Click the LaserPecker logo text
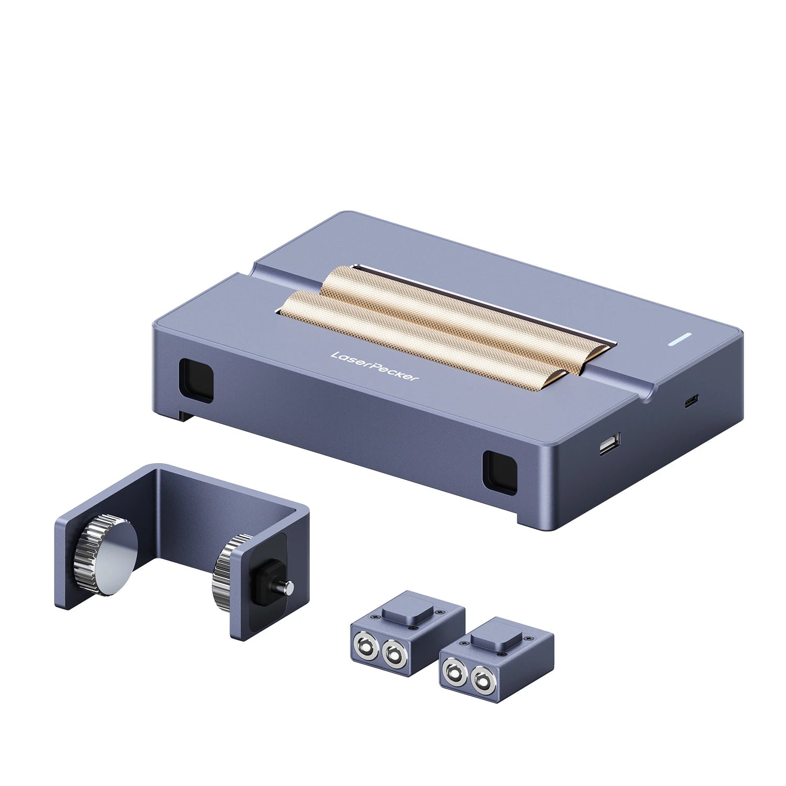tap(374, 369)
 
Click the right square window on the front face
tap(499, 471)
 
